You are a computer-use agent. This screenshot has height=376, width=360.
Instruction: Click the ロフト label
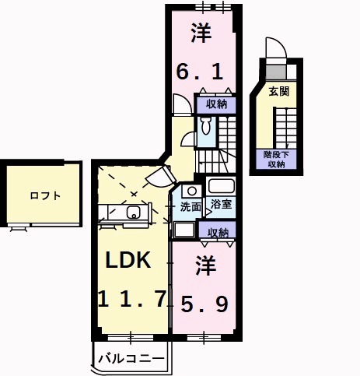click(x=45, y=195)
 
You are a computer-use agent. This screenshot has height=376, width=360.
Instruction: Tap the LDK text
click(x=128, y=260)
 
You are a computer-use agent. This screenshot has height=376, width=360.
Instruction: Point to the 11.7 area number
click(x=132, y=299)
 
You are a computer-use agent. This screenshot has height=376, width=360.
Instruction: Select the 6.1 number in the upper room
click(x=200, y=72)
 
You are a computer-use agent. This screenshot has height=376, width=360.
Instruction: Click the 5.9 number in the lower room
click(x=204, y=304)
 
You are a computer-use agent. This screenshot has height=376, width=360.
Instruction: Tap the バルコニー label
click(x=131, y=359)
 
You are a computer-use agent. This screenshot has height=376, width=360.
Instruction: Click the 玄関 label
click(x=278, y=91)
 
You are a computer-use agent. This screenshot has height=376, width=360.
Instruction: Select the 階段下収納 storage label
click(x=276, y=160)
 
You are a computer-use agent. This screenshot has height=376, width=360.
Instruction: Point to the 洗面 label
click(x=190, y=207)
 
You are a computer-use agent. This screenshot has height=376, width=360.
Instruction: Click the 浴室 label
click(x=221, y=204)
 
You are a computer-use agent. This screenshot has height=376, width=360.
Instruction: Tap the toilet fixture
click(x=206, y=125)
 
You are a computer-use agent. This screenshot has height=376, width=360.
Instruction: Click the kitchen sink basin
click(x=133, y=213)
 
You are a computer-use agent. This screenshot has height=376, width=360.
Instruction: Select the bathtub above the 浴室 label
click(x=221, y=186)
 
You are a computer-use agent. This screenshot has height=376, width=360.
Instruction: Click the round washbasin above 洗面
click(x=192, y=192)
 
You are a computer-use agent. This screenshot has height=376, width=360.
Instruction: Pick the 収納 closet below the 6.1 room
click(x=216, y=104)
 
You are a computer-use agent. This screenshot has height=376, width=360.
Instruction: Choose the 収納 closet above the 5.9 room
click(x=218, y=230)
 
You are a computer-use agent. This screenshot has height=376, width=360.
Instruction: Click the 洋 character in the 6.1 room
click(x=201, y=33)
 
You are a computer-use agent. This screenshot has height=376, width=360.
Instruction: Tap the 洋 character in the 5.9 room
click(x=206, y=265)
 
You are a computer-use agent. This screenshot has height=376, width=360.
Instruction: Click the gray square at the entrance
click(x=276, y=72)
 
